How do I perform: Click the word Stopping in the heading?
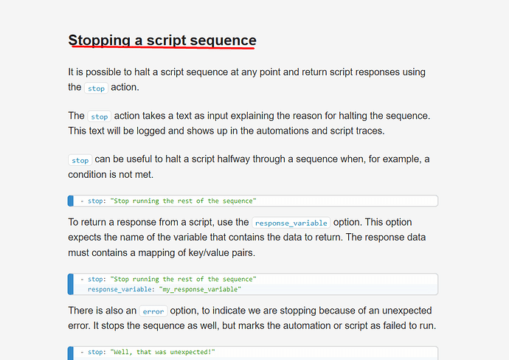click(x=100, y=41)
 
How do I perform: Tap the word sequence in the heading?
click(x=223, y=41)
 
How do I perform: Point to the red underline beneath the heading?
click(x=163, y=47)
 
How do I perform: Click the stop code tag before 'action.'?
click(x=96, y=88)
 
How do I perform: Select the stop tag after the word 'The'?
click(x=100, y=117)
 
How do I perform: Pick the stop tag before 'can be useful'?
click(x=80, y=160)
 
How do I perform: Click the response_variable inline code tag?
click(x=291, y=223)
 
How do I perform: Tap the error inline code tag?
click(x=153, y=311)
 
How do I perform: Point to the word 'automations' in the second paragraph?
click(x=283, y=131)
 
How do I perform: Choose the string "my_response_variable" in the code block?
click(x=200, y=289)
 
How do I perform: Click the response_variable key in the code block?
click(x=119, y=289)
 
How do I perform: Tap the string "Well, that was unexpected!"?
click(x=162, y=352)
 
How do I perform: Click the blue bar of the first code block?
click(x=70, y=201)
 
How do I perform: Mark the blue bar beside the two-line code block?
click(x=70, y=284)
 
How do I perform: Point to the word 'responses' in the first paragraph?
click(x=378, y=72)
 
